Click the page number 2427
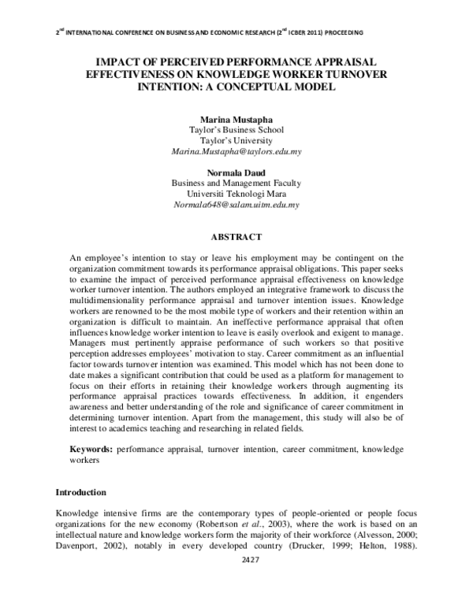[x=236, y=560]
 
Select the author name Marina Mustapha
[x=236, y=118]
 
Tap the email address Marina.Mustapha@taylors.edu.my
[x=236, y=149]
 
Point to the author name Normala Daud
[x=236, y=172]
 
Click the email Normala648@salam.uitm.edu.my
[x=236, y=203]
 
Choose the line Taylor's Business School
[x=236, y=128]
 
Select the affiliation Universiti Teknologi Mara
[x=236, y=193]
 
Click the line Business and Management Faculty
[x=236, y=183]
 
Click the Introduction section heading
[x=80, y=492]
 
